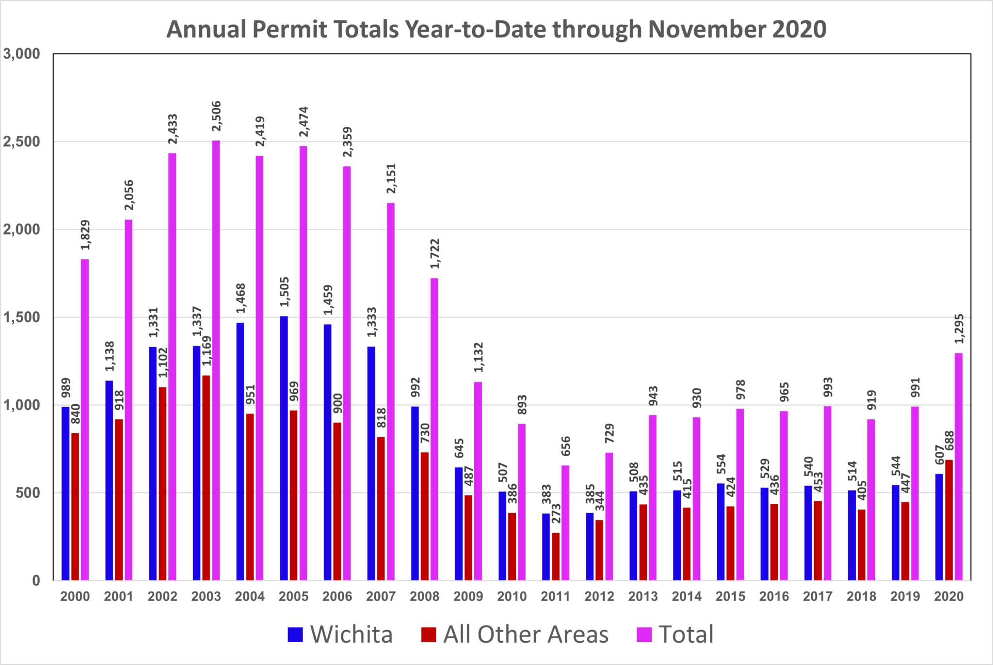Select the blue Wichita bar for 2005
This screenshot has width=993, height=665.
[284, 448]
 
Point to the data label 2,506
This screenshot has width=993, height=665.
[216, 116]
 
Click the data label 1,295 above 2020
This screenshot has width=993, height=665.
[959, 329]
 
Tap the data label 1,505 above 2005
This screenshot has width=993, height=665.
[285, 292]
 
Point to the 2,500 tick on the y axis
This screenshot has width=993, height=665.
[21, 142]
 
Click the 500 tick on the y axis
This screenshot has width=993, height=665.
[28, 492]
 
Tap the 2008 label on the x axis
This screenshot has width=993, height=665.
[424, 596]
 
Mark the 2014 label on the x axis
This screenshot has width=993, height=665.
[687, 596]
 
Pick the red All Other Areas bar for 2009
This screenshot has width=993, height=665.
[468, 538]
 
